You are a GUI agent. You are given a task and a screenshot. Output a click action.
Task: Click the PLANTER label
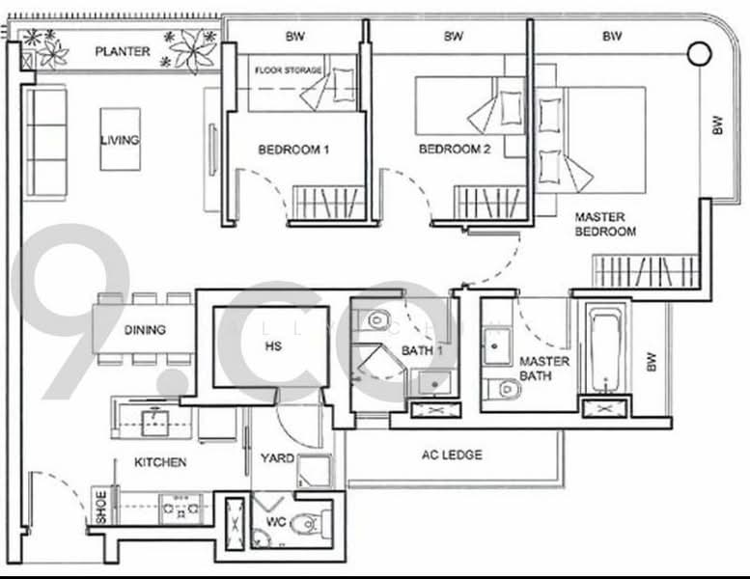coord(122,50)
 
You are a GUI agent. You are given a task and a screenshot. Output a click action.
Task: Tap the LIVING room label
coord(120,140)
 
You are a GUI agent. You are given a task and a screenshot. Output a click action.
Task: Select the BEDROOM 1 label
coord(293,150)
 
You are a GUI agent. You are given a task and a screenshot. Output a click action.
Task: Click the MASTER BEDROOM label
coord(605,224)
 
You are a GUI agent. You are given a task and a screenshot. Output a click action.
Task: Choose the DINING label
coord(145,329)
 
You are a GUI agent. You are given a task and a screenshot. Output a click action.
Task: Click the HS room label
coord(272,346)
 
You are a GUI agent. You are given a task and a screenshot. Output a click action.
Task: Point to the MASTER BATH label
coord(544,368)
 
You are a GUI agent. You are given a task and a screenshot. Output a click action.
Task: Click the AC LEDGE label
coord(452,455)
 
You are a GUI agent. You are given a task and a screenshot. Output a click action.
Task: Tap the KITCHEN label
coord(160,462)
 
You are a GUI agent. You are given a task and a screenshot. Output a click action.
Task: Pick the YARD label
coord(277,458)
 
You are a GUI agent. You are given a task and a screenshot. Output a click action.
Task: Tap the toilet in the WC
coord(306,524)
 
